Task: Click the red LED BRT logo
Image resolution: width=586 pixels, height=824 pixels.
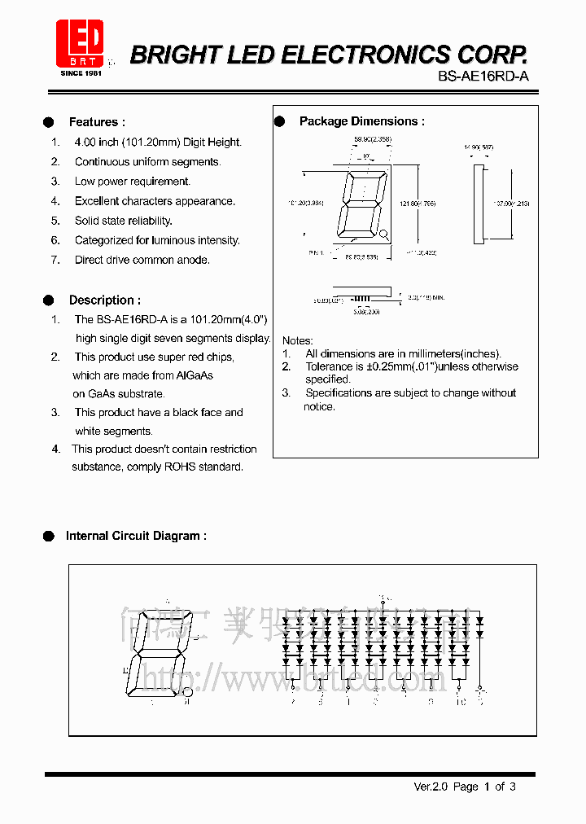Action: pyautogui.click(x=79, y=45)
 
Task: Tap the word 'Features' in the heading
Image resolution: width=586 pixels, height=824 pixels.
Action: pyautogui.click(x=93, y=122)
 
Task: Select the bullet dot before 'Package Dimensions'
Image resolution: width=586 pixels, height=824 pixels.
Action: pyautogui.click(x=280, y=121)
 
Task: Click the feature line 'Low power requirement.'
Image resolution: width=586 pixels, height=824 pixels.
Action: pyautogui.click(x=132, y=182)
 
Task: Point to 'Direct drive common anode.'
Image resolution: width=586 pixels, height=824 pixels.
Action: pyautogui.click(x=142, y=260)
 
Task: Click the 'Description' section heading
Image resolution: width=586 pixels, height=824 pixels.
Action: pyautogui.click(x=103, y=300)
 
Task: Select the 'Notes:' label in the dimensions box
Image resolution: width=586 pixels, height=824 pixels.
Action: pyautogui.click(x=297, y=340)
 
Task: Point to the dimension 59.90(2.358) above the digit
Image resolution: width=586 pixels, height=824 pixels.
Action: pyautogui.click(x=372, y=140)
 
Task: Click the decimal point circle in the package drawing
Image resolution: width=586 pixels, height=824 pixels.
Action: pyautogui.click(x=384, y=235)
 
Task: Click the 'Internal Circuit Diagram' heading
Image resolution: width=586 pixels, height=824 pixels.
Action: pyautogui.click(x=135, y=536)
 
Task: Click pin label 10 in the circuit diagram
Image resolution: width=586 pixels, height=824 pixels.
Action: pyautogui.click(x=460, y=701)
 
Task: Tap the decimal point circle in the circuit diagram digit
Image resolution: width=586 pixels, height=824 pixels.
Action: pyautogui.click(x=188, y=692)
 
